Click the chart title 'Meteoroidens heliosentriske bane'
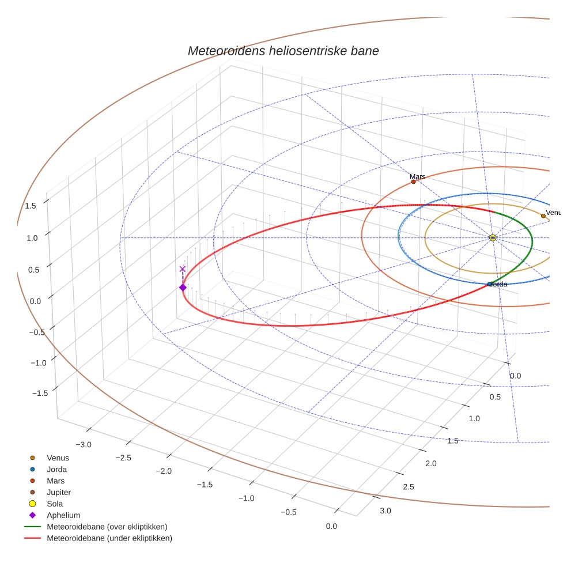click(x=283, y=51)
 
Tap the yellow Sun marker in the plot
click(x=493, y=237)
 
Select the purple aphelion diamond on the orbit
click(x=183, y=288)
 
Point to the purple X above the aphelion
click(x=183, y=269)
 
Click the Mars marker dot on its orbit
click(x=413, y=182)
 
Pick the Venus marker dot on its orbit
click(x=543, y=216)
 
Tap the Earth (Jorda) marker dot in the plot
click(x=490, y=284)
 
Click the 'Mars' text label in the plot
click(x=418, y=176)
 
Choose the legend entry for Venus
click(x=58, y=458)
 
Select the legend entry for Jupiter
click(x=59, y=493)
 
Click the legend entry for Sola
click(x=55, y=504)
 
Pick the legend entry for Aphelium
click(x=63, y=515)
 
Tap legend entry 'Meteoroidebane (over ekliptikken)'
click(x=107, y=527)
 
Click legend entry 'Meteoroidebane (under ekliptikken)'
click(x=109, y=538)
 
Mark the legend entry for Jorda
click(x=56, y=470)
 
